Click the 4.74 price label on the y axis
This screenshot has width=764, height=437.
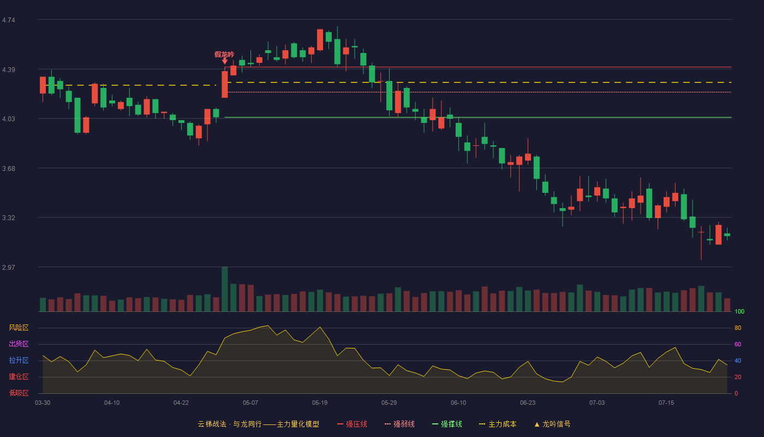point(9,20)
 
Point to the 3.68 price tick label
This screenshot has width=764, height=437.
point(9,169)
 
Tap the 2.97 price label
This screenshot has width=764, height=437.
point(9,267)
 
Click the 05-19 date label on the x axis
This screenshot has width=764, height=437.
point(320,403)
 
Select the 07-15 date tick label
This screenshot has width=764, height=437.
point(666,403)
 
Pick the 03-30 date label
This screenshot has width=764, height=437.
point(43,403)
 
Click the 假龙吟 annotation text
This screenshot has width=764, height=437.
point(224,54)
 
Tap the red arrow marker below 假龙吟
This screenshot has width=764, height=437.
point(224,61)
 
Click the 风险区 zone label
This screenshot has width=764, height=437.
point(19,328)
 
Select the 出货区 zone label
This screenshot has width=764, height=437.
point(19,344)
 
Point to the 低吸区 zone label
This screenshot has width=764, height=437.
point(19,393)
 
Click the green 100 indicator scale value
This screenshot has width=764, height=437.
point(739,311)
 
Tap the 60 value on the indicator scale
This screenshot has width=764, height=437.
point(738,344)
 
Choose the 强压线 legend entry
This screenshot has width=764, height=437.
point(352,424)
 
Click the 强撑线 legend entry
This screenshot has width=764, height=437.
point(447,424)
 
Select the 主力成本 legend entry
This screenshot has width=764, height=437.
point(498,424)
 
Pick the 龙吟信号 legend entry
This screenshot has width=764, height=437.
point(552,424)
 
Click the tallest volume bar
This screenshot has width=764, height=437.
point(224,289)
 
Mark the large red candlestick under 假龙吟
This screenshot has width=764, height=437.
point(224,84)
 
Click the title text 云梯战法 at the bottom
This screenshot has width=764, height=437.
point(212,424)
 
